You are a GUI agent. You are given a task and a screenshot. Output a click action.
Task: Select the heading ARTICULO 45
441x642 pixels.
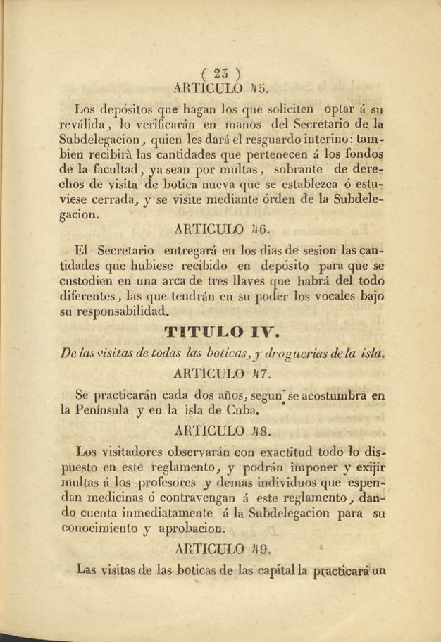pyautogui.click(x=220, y=89)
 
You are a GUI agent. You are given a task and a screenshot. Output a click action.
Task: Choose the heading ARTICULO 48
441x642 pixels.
pyautogui.click(x=220, y=428)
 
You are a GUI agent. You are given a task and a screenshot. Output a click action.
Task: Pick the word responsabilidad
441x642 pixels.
pyautogui.click(x=124, y=311)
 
